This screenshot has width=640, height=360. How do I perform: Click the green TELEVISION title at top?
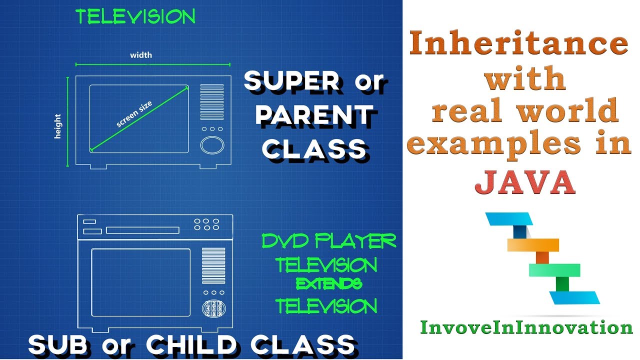click(135, 17)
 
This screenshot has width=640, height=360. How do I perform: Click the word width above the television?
click(141, 55)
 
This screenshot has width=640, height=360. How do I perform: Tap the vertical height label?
click(58, 126)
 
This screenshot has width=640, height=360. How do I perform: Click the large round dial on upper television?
click(212, 145)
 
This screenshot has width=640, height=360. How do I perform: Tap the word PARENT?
click(314, 115)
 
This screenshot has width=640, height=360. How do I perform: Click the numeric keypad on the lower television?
click(212, 308)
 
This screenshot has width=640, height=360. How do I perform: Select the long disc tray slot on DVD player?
click(143, 230)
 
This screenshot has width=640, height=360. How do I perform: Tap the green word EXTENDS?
click(328, 284)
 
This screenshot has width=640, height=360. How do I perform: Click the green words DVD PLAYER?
click(329, 242)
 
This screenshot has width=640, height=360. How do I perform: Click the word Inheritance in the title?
click(519, 43)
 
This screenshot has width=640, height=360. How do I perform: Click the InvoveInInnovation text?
click(526, 327)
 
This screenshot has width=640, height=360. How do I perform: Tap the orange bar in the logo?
click(533, 244)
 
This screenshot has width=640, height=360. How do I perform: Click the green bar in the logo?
click(554, 270)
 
